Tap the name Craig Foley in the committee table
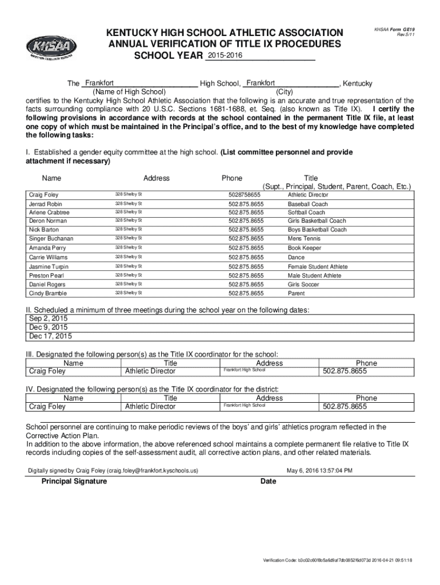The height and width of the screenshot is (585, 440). tap(43, 195)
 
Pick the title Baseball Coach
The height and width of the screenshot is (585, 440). tap(307, 204)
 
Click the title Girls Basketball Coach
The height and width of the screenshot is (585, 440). tap(317, 221)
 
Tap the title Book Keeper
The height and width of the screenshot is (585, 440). tap(305, 248)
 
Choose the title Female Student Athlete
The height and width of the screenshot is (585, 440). tap(314, 267)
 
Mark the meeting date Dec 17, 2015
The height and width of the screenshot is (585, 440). tap(51, 336)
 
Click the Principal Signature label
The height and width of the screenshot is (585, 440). tap(74, 482)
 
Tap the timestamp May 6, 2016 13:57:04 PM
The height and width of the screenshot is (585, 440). tap(319, 471)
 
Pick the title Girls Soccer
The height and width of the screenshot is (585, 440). tap(303, 285)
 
